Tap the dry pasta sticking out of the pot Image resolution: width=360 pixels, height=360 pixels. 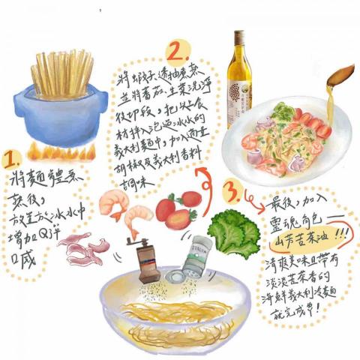(63, 71)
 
